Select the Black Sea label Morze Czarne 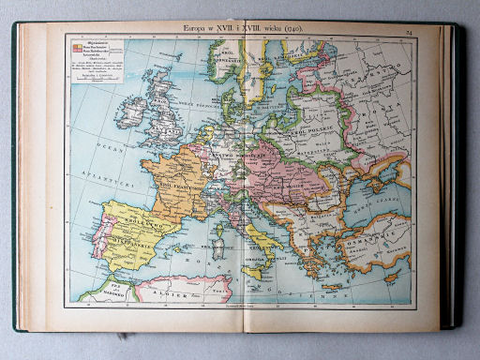pyautogui.click(x=375, y=211)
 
